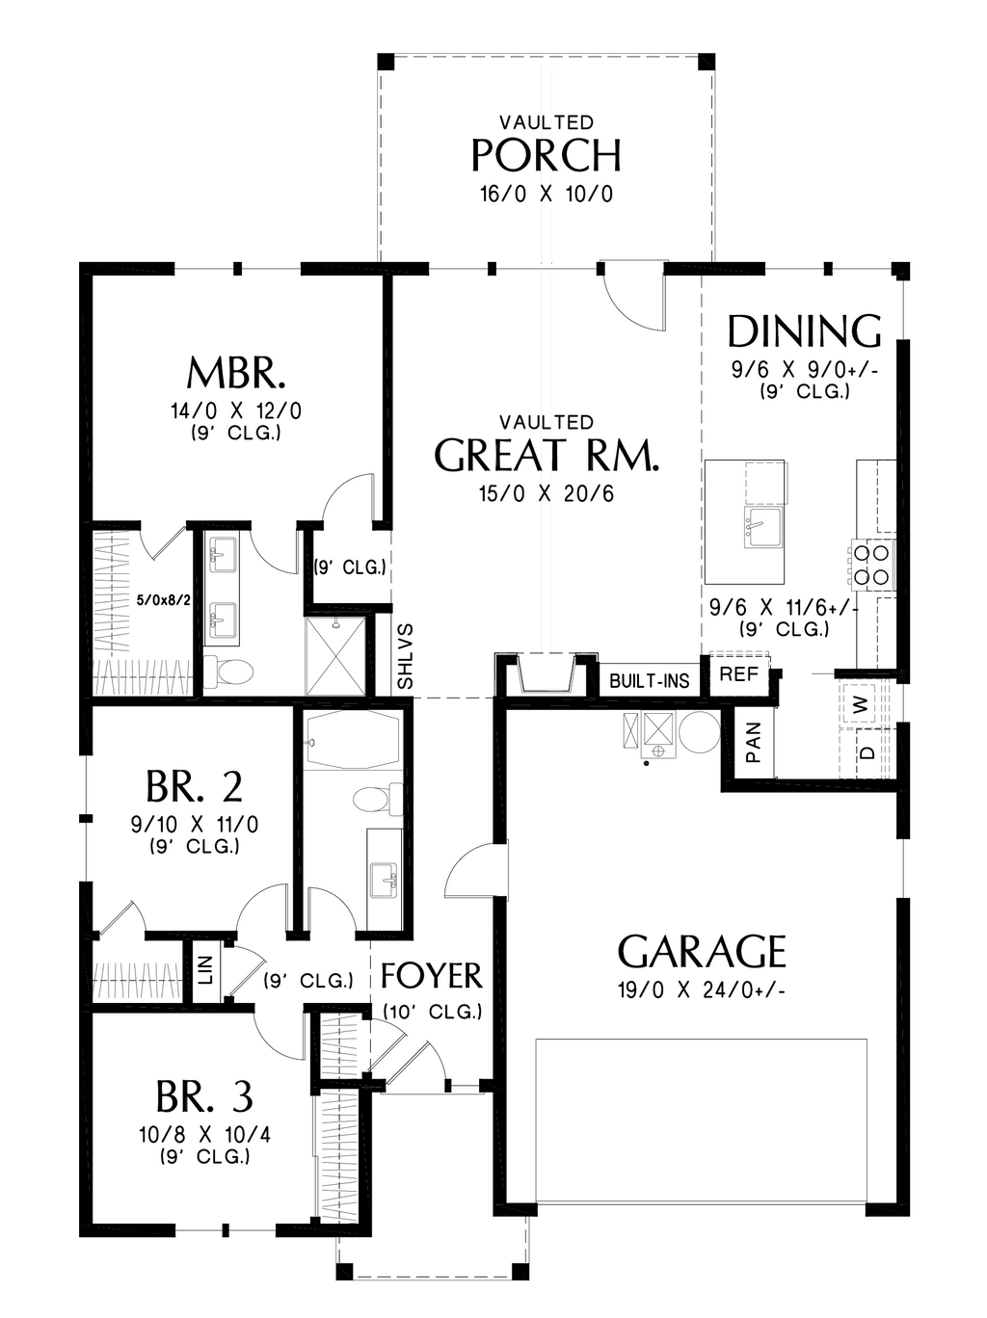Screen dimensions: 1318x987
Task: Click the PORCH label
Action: tap(546, 155)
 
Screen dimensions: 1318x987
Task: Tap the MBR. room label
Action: tap(235, 372)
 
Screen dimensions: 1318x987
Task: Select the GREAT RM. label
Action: tap(547, 456)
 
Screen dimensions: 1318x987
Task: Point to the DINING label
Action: tap(804, 331)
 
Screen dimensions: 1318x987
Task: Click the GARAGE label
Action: tap(702, 952)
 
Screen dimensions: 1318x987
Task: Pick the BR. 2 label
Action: tap(194, 787)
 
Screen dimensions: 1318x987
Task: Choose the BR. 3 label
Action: tap(204, 1096)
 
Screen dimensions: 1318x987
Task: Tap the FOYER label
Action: tap(431, 976)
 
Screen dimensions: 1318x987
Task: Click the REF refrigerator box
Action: tap(739, 674)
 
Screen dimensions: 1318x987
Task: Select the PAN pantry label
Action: tap(754, 742)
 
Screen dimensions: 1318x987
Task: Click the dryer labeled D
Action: tap(867, 751)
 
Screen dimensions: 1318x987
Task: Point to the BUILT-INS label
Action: tap(650, 681)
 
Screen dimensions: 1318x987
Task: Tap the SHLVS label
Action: tap(406, 656)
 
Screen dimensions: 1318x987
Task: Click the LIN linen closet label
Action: tap(205, 969)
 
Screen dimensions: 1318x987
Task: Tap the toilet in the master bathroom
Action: tap(229, 671)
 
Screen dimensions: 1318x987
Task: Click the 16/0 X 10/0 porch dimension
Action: tap(546, 195)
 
